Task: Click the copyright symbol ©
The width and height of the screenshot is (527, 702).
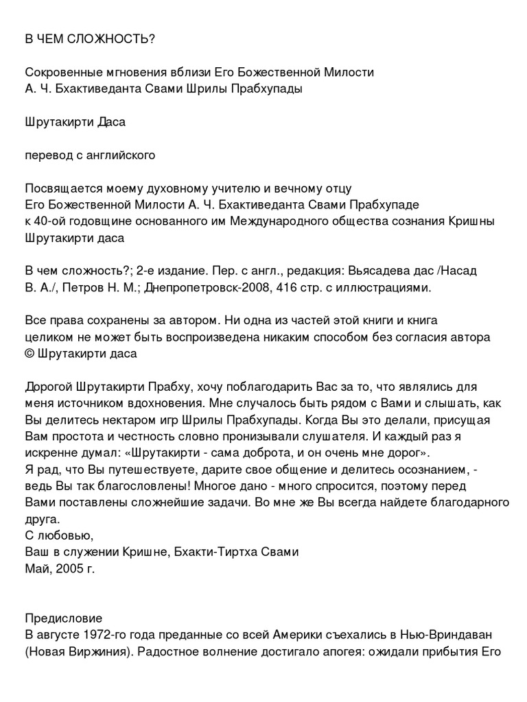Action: click(30, 354)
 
